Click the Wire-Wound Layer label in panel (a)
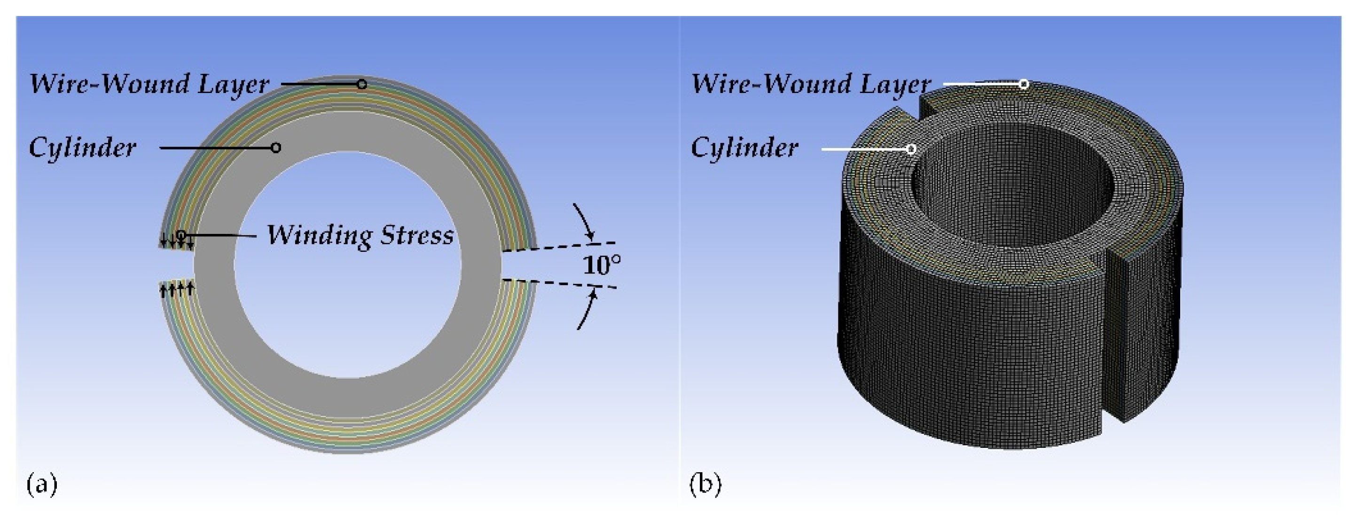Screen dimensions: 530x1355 pyautogui.click(x=149, y=85)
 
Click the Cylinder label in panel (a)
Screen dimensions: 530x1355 pyautogui.click(x=83, y=148)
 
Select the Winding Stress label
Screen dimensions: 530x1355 pyautogui.click(x=360, y=235)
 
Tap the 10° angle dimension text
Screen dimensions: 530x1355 pyautogui.click(x=602, y=265)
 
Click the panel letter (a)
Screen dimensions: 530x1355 pyautogui.click(x=41, y=484)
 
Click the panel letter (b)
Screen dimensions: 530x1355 pyautogui.click(x=705, y=484)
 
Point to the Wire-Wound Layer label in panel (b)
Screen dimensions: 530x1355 pyautogui.click(x=811, y=85)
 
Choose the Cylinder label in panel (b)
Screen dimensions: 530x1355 pyautogui.click(x=744, y=148)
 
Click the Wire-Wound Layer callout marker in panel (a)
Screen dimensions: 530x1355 pyautogui.click(x=362, y=84)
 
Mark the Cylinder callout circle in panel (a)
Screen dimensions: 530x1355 pyautogui.click(x=275, y=148)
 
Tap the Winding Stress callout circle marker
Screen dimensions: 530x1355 pyautogui.click(x=180, y=234)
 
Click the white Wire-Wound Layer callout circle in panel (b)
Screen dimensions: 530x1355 pyautogui.click(x=1024, y=84)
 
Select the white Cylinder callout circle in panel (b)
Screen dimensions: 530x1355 pyautogui.click(x=911, y=149)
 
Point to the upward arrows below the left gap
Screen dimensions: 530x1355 pyautogui.click(x=177, y=288)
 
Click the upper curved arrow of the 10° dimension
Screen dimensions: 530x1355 pyautogui.click(x=584, y=221)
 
